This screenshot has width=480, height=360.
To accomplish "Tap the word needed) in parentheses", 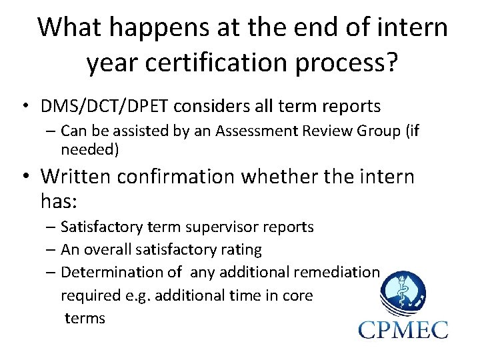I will (x=90, y=149).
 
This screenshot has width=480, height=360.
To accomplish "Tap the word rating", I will (x=241, y=250).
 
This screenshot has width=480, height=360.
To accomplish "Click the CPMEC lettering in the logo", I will (x=403, y=329).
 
